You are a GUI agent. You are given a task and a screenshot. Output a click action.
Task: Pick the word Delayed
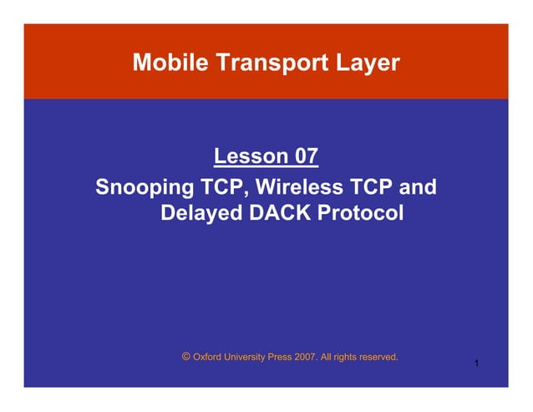tap(201, 214)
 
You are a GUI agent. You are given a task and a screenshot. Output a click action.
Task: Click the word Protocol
tap(363, 214)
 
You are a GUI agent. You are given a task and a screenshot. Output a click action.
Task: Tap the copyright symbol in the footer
tap(185, 357)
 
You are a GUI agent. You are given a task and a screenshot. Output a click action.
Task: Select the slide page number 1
tap(475, 364)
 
